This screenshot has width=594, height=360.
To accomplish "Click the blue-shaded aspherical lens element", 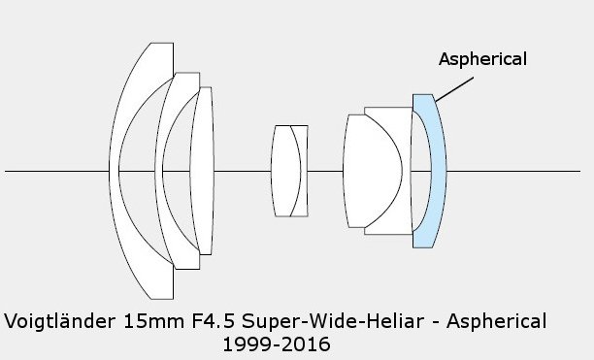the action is click(439, 171).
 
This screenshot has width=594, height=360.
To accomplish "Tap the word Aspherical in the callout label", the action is click(482, 59).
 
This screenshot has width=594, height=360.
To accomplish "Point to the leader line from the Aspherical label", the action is click(454, 89).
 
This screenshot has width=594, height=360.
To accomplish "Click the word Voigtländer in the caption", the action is click(59, 321).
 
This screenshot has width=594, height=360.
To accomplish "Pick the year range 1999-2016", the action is click(277, 344).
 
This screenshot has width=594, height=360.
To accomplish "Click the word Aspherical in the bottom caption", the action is click(497, 322).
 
